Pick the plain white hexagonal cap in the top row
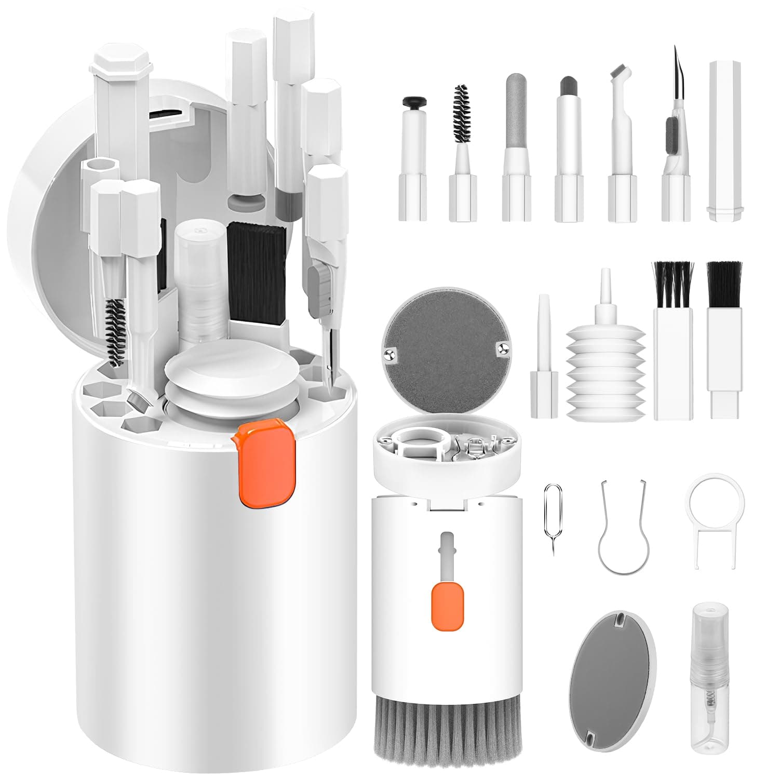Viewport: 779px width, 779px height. (726, 140)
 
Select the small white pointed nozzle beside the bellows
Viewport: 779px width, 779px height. (543, 358)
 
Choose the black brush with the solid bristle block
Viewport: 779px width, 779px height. (724, 283)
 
